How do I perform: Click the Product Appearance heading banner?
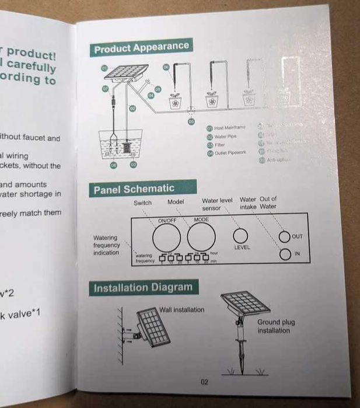pos(141,48)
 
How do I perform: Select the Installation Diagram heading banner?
pos(143,287)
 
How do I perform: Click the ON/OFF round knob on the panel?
pos(167,237)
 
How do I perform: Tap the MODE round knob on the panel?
pos(201,236)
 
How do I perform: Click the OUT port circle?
pos(284,236)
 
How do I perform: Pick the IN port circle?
pos(284,254)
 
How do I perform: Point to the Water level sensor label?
pos(217,204)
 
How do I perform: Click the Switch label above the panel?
pos(142,203)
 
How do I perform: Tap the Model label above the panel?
pos(176,202)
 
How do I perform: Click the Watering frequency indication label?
pos(106,245)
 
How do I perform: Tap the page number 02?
pos(204,382)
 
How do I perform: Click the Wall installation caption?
pos(181,309)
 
